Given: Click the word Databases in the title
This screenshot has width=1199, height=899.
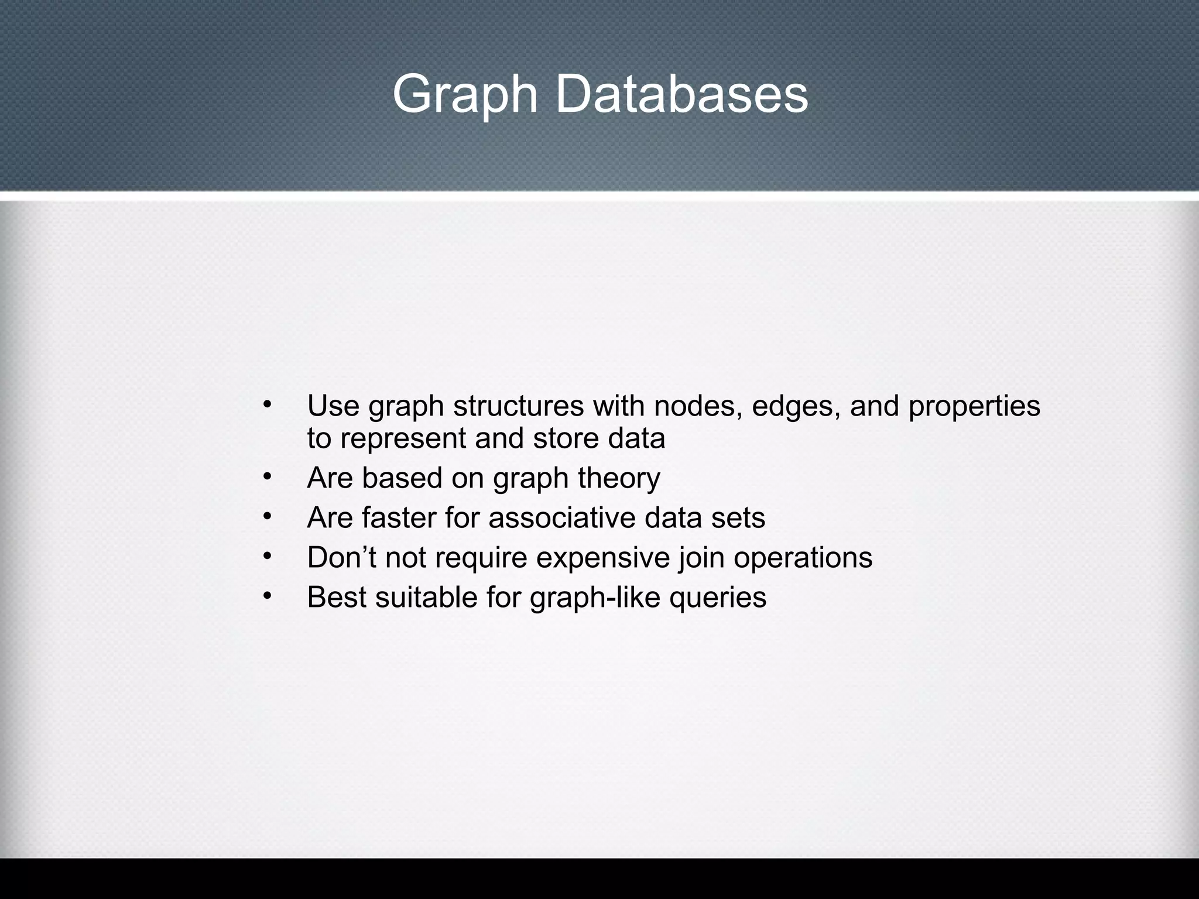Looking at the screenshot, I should pos(681,94).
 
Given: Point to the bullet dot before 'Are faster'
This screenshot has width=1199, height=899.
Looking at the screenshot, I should pos(268,516).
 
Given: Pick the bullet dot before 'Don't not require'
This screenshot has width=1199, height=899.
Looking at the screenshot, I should pos(268,556).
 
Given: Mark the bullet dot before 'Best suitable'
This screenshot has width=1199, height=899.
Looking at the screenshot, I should pos(268,596).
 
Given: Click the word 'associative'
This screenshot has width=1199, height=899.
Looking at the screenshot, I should pos(562,518).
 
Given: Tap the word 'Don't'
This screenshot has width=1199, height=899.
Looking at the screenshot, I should pos(341,557).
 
